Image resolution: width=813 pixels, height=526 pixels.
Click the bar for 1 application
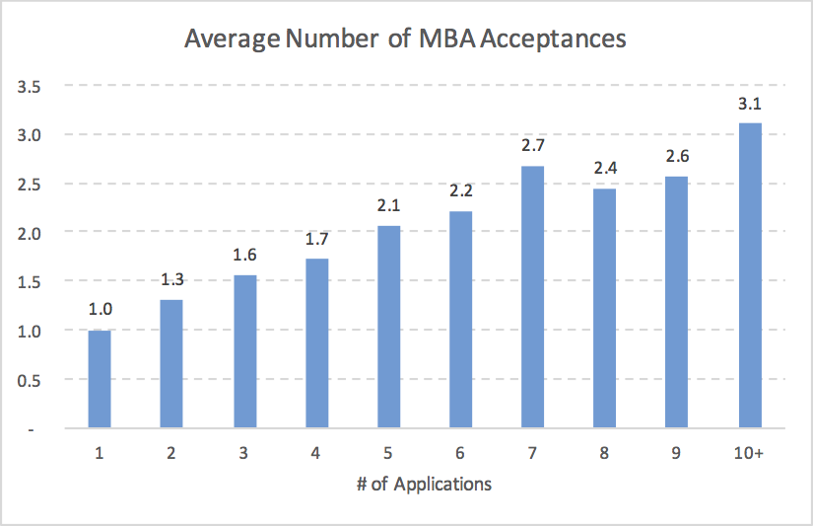(x=100, y=379)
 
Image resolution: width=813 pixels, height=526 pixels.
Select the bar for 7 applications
(x=533, y=296)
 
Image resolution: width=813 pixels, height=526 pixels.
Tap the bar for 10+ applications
(x=750, y=275)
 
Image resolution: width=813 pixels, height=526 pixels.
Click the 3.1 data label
(x=750, y=104)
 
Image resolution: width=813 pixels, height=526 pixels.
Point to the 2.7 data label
(x=533, y=146)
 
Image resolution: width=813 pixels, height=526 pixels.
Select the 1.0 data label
(x=100, y=310)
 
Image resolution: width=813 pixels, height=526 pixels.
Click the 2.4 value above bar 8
(x=605, y=169)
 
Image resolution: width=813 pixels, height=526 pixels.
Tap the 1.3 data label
(x=171, y=280)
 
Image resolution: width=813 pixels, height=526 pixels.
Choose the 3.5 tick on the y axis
(x=29, y=87)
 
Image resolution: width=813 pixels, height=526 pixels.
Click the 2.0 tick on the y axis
(x=29, y=233)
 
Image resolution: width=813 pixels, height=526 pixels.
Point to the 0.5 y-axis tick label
(x=29, y=380)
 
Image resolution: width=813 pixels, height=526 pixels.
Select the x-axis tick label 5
(x=388, y=453)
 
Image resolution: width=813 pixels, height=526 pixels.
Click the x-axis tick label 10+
(x=750, y=453)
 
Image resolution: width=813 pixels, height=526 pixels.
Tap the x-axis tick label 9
(x=677, y=453)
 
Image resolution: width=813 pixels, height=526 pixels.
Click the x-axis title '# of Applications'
(x=424, y=484)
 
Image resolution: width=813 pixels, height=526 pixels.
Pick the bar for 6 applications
(x=461, y=320)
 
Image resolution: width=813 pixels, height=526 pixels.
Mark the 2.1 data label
(x=388, y=205)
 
